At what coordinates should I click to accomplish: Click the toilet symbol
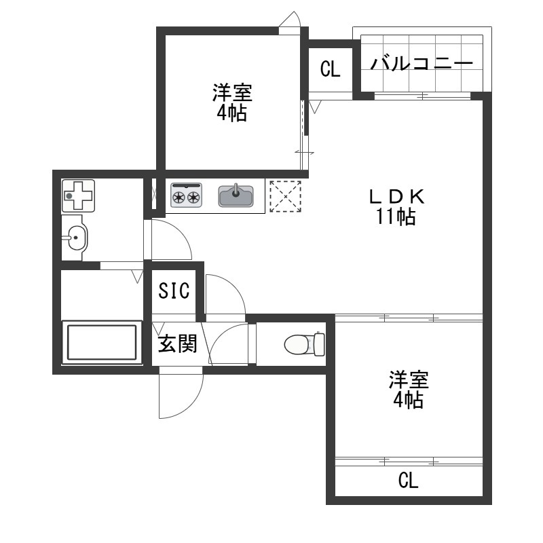[304, 344]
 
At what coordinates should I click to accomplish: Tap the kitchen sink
[236, 195]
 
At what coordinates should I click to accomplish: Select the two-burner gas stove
[186, 195]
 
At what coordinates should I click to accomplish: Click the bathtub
[102, 342]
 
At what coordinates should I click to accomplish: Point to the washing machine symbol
[78, 195]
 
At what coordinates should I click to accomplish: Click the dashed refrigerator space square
[285, 196]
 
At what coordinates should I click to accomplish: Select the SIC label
[174, 291]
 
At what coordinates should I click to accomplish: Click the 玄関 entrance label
[177, 343]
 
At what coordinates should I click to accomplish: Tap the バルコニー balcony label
[422, 63]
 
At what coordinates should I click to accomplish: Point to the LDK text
[397, 197]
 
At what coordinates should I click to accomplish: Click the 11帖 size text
[396, 217]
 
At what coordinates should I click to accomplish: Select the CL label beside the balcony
[331, 69]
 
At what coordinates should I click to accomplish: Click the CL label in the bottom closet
[409, 481]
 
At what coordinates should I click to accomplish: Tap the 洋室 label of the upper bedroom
[232, 92]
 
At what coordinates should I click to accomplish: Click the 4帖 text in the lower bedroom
[408, 400]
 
